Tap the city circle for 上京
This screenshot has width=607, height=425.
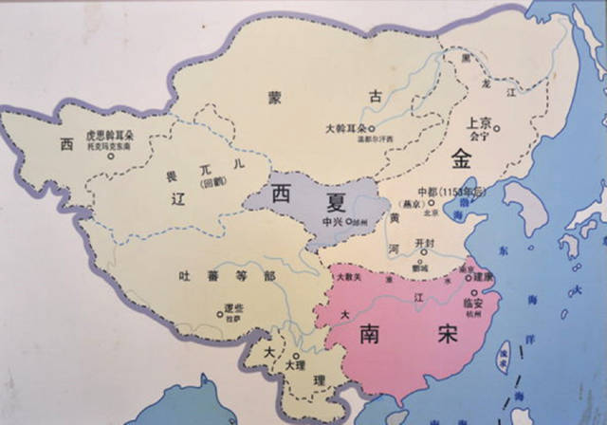495,128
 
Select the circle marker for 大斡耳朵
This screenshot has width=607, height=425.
372,129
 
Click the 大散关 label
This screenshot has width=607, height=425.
348,276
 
